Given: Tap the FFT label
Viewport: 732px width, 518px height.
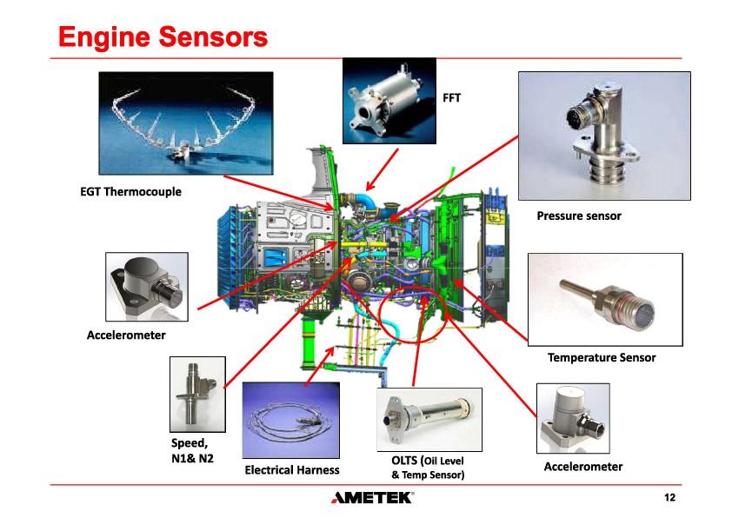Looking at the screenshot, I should (452, 98).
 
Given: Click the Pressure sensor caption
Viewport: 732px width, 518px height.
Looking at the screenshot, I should (578, 215).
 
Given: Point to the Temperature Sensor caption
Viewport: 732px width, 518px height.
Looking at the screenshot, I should (602, 357).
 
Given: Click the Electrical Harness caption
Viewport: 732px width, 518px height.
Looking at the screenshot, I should (291, 470).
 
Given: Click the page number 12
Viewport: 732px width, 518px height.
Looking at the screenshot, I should (669, 498).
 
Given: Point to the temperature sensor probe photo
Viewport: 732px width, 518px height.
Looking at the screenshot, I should (605, 300).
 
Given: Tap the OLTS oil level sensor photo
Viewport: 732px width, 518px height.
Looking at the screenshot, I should (429, 419).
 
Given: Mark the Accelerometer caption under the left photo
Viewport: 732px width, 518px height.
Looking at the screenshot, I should (126, 334).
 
